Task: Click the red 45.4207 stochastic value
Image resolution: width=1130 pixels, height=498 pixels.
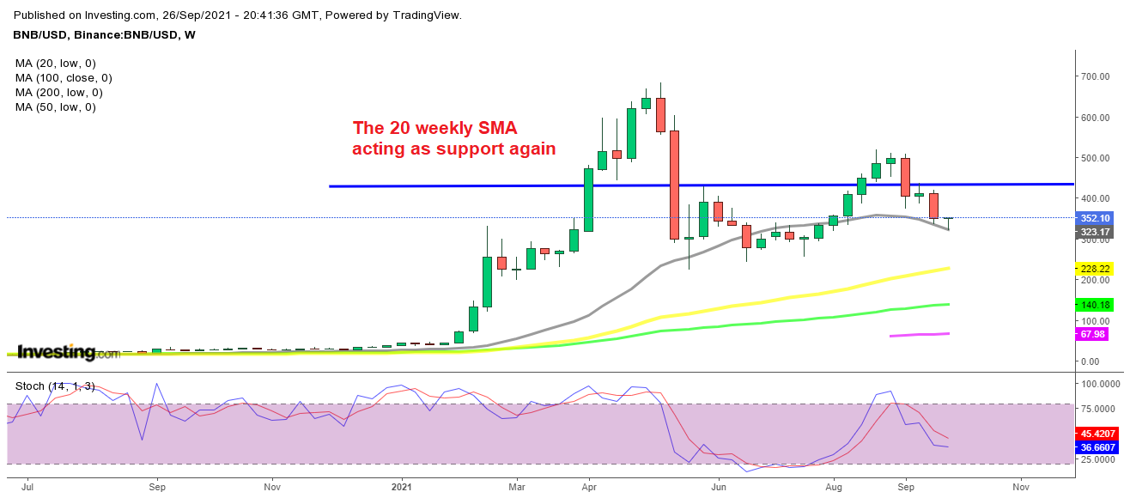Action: (1100, 434)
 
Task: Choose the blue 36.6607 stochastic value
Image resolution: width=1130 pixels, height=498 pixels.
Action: (1100, 447)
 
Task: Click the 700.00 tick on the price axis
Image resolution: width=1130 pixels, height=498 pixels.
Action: (1096, 76)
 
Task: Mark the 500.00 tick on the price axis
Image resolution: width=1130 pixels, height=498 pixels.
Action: (1096, 158)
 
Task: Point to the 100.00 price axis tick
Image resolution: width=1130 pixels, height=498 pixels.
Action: (1096, 320)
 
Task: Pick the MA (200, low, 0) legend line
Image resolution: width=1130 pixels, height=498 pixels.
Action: (59, 93)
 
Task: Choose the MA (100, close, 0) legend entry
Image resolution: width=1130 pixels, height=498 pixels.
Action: (64, 78)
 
